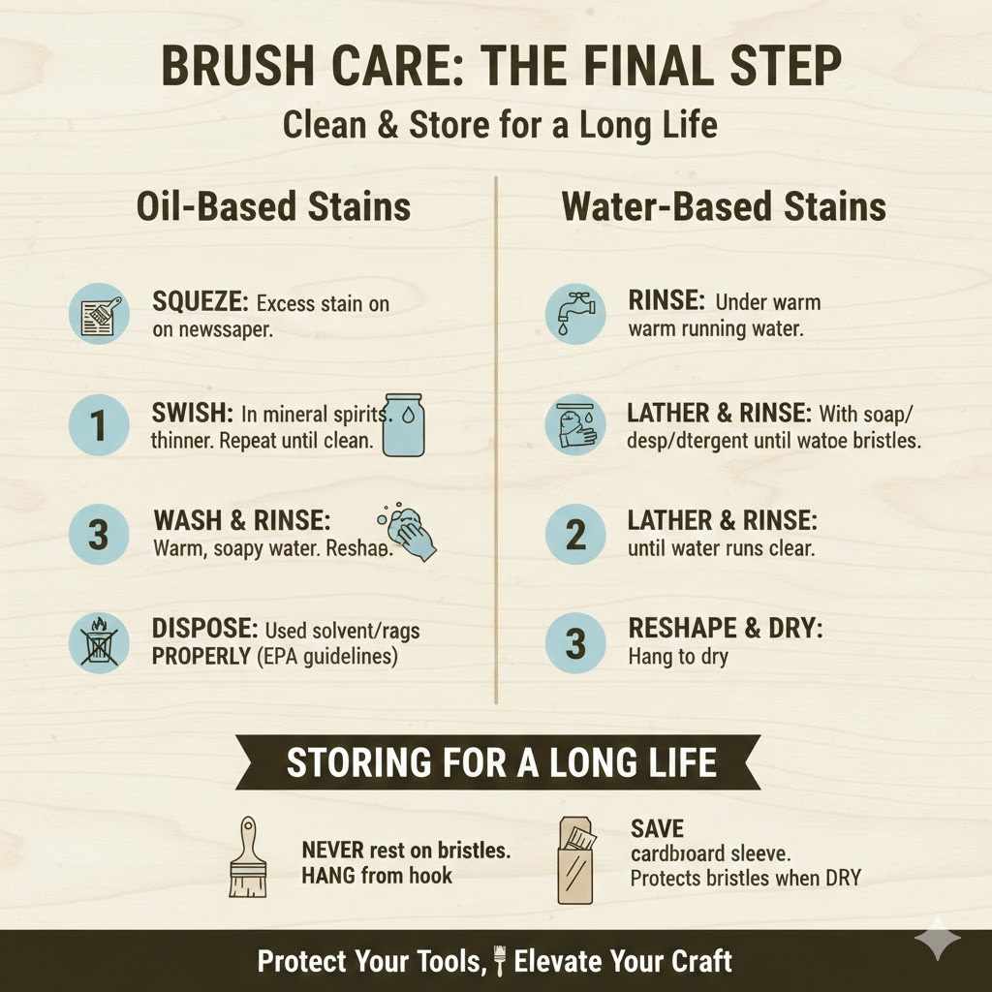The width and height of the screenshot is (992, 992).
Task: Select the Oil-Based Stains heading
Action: pos(274,206)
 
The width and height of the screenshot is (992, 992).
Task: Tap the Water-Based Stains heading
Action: pos(724,206)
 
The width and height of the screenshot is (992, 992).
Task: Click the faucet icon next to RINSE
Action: pos(575,313)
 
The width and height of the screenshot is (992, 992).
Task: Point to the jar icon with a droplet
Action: pos(404,424)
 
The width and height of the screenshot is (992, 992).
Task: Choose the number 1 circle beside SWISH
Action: pos(99,424)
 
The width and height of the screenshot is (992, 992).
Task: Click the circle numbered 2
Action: pos(575,535)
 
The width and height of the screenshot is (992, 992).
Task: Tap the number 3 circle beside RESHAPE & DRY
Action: pos(575,643)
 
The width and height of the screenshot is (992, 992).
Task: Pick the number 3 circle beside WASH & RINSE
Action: pos(99,535)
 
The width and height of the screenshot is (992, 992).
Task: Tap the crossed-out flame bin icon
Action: pos(99,643)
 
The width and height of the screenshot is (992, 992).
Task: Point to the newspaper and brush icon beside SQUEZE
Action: pos(99,314)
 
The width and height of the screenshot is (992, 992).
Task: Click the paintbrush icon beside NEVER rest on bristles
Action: pos(249,856)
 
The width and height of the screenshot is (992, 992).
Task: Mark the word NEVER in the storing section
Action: pos(332,850)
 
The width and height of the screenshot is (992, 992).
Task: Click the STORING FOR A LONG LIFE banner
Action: pos(501,762)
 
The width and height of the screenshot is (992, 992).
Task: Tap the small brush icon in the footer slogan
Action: pos(501,961)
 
